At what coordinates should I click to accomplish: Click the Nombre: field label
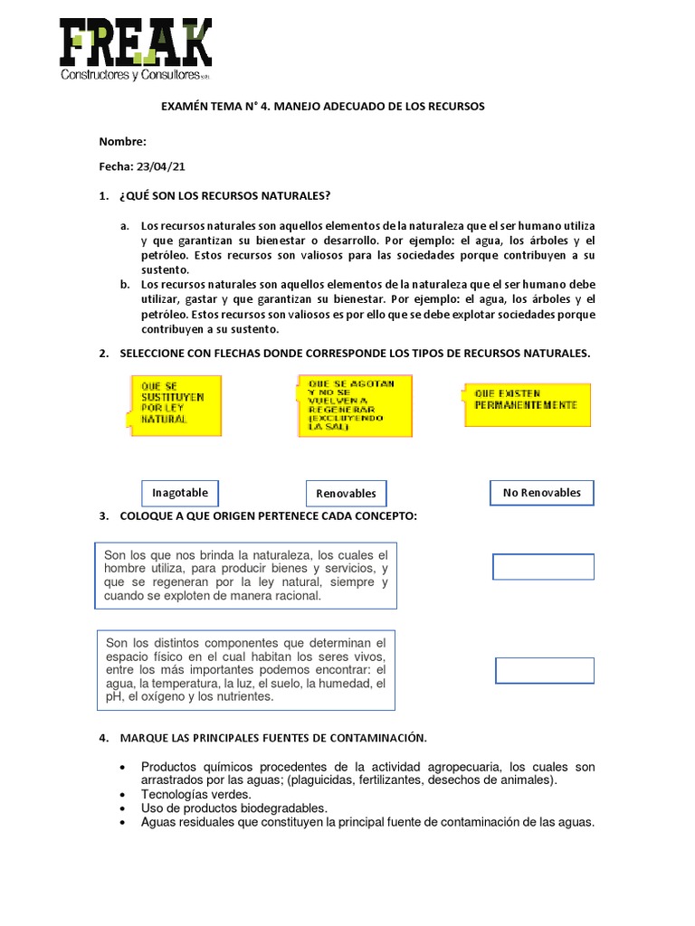point(122,142)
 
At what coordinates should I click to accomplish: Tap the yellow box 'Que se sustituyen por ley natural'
point(173,402)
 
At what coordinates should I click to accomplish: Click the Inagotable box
point(180,493)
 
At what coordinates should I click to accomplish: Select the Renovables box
point(346,494)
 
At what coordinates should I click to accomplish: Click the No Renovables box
point(542,493)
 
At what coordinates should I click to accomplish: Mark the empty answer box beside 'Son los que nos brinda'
point(543,567)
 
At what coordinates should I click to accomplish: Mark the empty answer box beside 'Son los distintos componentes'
point(544,670)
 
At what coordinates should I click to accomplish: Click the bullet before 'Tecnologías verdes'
point(122,795)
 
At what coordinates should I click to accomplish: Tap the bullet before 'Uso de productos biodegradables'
point(122,808)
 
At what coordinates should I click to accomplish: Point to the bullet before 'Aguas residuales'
point(122,823)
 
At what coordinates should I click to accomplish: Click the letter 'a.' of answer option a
point(124,225)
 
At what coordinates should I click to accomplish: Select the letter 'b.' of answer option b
point(124,284)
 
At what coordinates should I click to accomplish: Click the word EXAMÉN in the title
point(186,107)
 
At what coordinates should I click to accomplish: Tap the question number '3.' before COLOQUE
point(103,515)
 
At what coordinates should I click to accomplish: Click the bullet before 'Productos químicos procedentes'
point(122,767)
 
